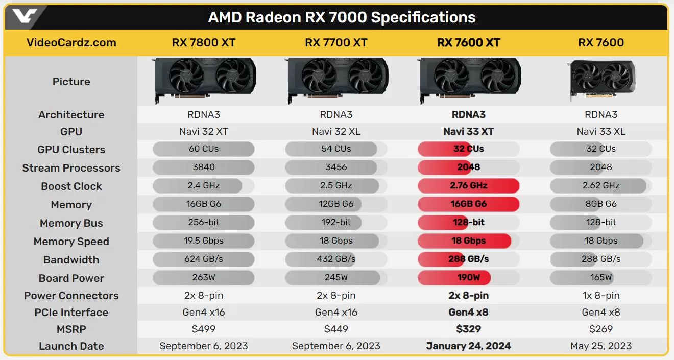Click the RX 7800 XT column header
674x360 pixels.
point(203,43)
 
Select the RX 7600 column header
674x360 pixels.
point(601,43)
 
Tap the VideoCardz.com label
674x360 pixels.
point(71,43)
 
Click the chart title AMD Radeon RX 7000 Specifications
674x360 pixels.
point(342,17)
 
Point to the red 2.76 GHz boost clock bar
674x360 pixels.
point(468,186)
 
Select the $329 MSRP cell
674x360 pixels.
point(468,329)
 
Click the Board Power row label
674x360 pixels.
point(71,278)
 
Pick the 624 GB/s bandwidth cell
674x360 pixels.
point(203,259)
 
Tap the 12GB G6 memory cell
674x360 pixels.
point(336,204)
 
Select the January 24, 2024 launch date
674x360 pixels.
point(468,346)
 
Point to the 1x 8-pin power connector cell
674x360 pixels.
point(601,296)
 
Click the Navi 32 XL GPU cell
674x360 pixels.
point(336,132)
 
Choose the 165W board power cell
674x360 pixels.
point(601,278)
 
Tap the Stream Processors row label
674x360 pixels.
point(71,168)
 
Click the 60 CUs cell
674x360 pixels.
point(203,149)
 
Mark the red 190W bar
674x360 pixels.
point(454,278)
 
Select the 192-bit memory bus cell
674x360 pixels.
point(336,223)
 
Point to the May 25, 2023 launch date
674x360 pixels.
point(601,346)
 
